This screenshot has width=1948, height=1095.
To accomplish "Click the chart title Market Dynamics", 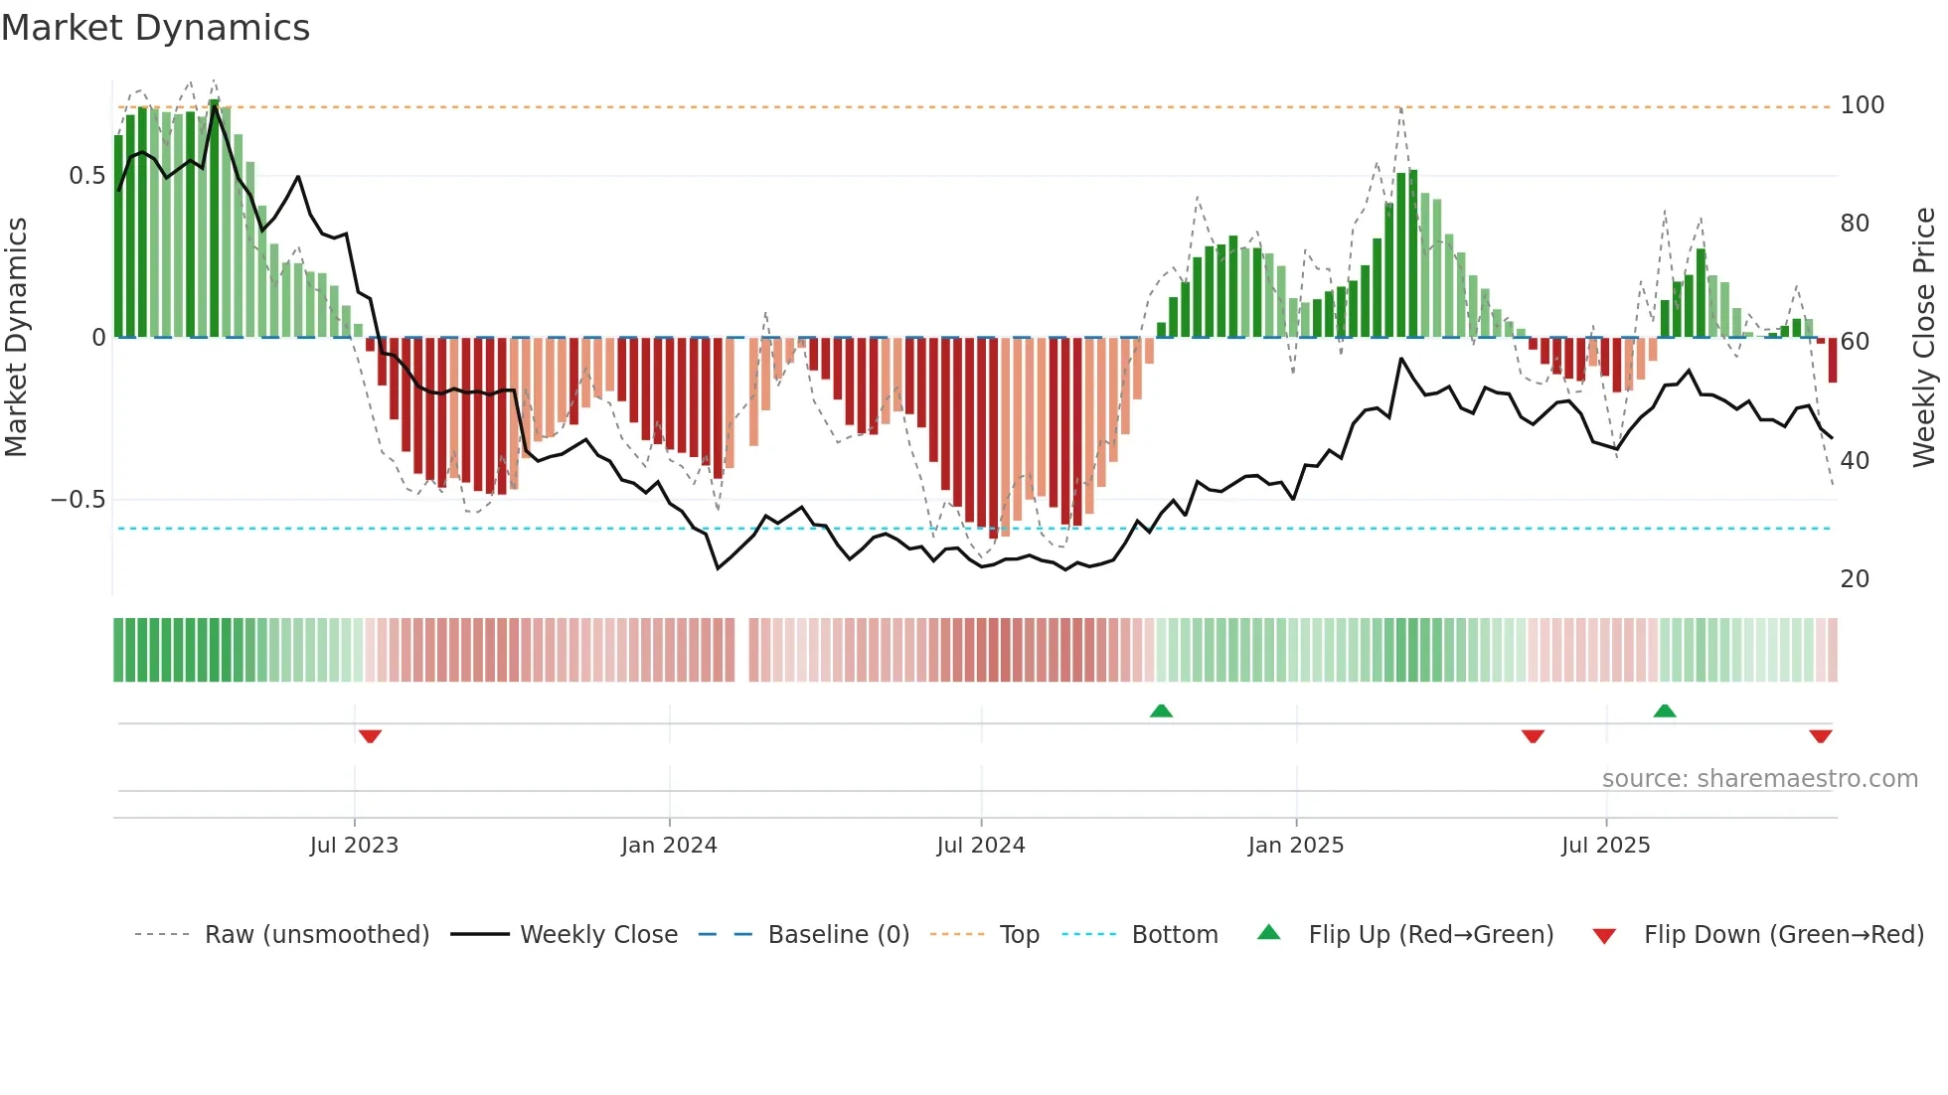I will pyautogui.click(x=156, y=28).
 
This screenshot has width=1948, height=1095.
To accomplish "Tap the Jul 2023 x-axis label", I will pyautogui.click(x=354, y=846).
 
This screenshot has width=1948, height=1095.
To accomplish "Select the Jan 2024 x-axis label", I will pyautogui.click(x=669, y=846).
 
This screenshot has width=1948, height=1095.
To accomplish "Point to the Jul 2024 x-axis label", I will pyautogui.click(x=980, y=846).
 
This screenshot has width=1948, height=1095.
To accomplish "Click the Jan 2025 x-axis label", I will pyautogui.click(x=1296, y=846).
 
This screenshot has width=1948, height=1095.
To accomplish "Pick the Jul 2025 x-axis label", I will pyautogui.click(x=1605, y=846).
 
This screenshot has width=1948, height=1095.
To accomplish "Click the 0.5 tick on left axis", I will pyautogui.click(x=86, y=176).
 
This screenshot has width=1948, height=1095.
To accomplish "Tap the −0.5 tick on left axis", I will pyautogui.click(x=79, y=500).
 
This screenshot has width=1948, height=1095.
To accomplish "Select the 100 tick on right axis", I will pyautogui.click(x=1862, y=105).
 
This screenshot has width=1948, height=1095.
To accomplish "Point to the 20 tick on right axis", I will pyautogui.click(x=1855, y=579).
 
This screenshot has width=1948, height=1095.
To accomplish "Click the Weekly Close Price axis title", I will pyautogui.click(x=1924, y=338).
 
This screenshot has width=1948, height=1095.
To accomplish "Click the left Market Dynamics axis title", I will pyautogui.click(x=16, y=338).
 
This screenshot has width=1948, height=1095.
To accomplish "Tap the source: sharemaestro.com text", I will pyautogui.click(x=1759, y=779).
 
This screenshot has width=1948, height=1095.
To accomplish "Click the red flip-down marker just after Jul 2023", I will pyautogui.click(x=370, y=736).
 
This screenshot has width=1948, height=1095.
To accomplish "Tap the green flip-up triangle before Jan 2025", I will pyautogui.click(x=1161, y=710).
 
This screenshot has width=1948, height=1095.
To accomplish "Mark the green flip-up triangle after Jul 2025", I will pyautogui.click(x=1665, y=710).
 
